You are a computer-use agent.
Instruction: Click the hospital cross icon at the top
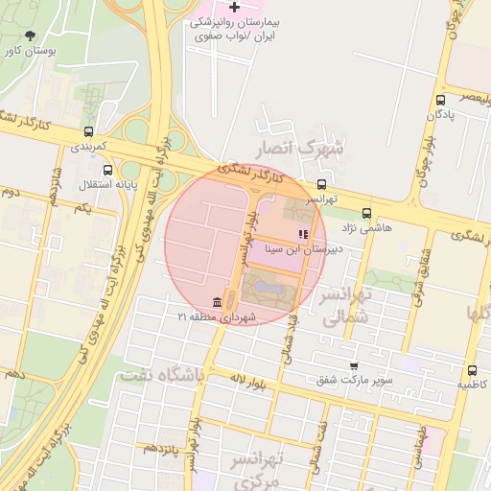point(233,8)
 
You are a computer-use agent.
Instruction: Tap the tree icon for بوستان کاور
point(35,35)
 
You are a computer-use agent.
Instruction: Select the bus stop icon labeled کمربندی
point(89,132)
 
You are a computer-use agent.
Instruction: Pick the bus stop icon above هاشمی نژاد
point(366,214)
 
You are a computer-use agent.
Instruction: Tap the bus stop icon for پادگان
point(440,100)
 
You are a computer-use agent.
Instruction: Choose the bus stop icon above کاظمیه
point(472,371)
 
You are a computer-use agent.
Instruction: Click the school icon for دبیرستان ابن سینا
point(303,234)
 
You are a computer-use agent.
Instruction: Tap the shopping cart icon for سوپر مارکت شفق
point(354,366)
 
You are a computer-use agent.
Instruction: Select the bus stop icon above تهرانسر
point(321,185)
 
